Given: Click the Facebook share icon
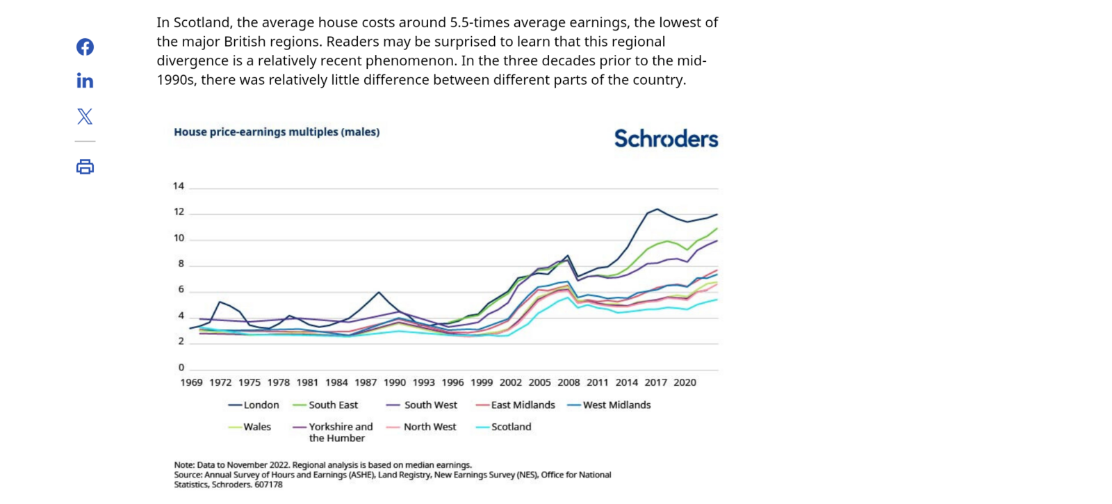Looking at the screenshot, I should point(85,47).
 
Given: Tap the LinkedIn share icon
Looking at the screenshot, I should point(85,81).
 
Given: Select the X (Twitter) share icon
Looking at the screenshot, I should point(85,116).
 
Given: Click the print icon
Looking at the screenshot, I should point(85,167).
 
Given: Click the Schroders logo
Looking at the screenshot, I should point(666,139).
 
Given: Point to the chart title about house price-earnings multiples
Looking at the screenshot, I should point(277,132).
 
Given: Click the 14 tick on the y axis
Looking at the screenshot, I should point(179,186).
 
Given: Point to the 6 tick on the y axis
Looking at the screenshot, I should point(181,290).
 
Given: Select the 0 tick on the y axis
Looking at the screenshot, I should point(181,368).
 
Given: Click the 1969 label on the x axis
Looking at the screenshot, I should point(192,382).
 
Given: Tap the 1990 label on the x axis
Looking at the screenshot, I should point(395,382).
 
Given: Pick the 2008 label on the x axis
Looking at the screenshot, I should point(569,382).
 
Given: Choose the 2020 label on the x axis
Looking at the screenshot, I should point(685,382).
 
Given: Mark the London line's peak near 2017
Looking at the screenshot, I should point(657,209).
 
